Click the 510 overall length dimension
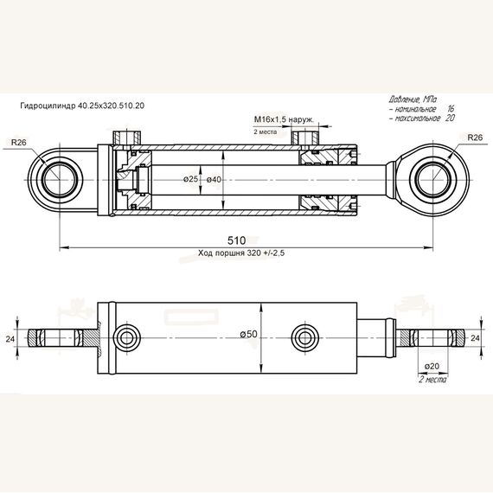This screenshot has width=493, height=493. click(236, 240)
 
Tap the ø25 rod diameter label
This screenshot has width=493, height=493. click(190, 179)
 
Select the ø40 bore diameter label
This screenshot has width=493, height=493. click(214, 180)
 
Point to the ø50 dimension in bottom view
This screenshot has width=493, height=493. click(249, 334)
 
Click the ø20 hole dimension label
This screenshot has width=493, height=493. click(432, 367)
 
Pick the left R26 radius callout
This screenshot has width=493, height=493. click(19, 143)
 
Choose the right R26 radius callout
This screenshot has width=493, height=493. click(475, 138)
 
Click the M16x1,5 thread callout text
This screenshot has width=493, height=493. click(284, 119)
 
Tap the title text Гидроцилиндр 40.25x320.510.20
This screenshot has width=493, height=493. click(82, 106)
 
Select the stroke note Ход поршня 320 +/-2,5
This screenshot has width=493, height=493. click(241, 253)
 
